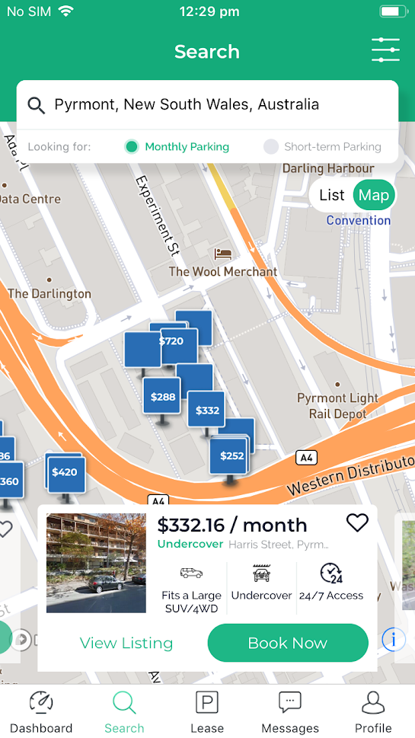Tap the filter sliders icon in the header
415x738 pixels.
(385, 50)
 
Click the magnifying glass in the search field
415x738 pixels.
(36, 105)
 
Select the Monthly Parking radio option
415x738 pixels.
(132, 147)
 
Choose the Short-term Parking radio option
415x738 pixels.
(271, 147)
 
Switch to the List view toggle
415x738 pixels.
(331, 195)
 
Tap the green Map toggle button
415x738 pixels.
(373, 195)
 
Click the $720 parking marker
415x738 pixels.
(172, 341)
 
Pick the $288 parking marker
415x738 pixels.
(162, 396)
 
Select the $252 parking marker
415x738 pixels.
(231, 455)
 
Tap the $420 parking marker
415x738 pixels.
(65, 472)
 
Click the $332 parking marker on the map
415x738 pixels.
(206, 410)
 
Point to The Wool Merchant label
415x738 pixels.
(222, 271)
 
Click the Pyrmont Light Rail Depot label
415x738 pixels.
(337, 406)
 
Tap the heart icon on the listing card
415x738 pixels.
(356, 522)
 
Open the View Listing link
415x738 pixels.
(126, 643)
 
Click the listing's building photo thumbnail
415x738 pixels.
(96, 563)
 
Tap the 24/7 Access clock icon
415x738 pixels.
(331, 573)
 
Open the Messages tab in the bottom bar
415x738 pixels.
(290, 711)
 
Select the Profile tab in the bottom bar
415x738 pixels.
(373, 711)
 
